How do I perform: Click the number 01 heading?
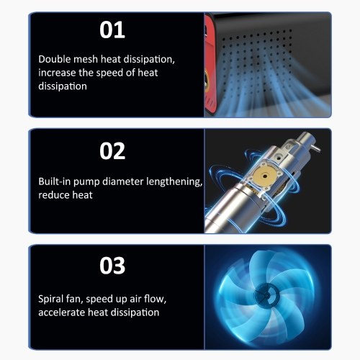tap(112, 30)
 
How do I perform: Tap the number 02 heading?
tap(112, 151)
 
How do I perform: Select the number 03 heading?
tap(112, 266)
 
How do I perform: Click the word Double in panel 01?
tap(54, 59)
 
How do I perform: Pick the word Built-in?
tap(54, 181)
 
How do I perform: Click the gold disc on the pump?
tap(264, 176)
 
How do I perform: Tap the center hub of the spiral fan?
tap(267, 294)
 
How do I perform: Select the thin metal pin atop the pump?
tap(316, 148)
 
